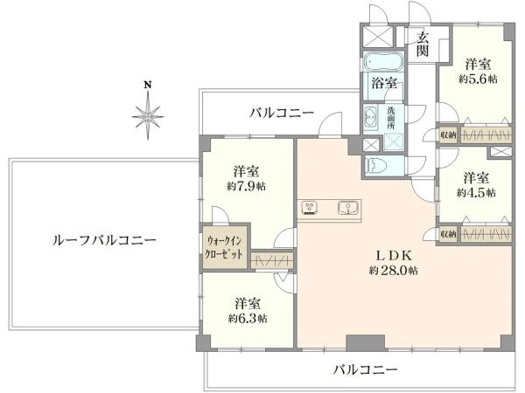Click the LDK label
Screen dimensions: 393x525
(x=394, y=255)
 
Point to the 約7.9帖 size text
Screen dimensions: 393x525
(x=246, y=186)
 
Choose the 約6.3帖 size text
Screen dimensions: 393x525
(x=248, y=318)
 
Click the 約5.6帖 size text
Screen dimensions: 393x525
(x=477, y=79)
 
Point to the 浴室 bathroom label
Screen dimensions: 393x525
(x=384, y=84)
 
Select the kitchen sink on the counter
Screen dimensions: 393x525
(x=347, y=208)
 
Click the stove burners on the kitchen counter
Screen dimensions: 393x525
(x=311, y=208)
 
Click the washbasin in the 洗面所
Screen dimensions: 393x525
(x=371, y=117)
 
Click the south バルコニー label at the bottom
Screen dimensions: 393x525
(x=364, y=369)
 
